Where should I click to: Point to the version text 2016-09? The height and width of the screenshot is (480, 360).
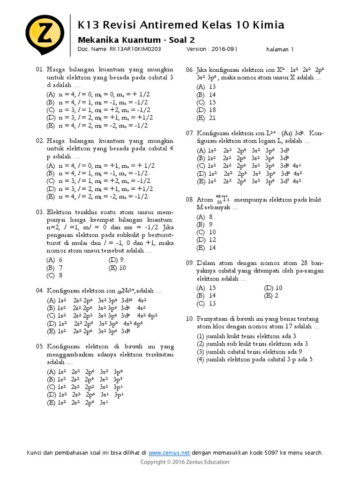(x=222, y=48)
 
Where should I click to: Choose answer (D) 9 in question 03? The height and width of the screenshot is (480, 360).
(x=116, y=259)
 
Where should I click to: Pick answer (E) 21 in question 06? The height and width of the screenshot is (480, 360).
(x=206, y=118)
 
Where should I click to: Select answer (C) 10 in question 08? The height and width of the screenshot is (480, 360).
(x=206, y=232)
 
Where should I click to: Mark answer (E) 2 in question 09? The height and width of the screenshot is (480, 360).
(x=271, y=296)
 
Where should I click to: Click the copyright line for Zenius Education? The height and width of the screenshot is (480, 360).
(x=185, y=462)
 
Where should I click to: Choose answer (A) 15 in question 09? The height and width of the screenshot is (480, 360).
(x=206, y=288)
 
